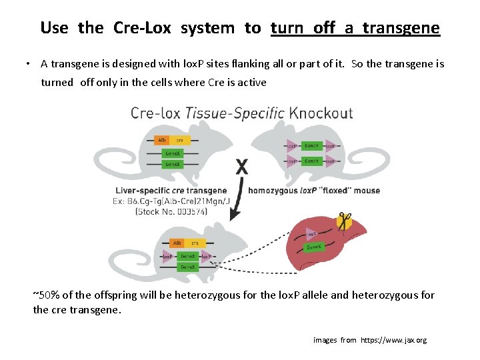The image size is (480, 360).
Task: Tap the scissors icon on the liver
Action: [x=345, y=221]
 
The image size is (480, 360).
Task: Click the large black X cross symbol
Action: [x=242, y=167]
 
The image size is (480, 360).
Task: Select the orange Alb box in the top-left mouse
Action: [x=161, y=141]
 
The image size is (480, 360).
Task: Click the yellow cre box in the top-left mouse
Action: [x=179, y=141]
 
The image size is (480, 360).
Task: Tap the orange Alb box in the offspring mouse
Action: [x=177, y=243]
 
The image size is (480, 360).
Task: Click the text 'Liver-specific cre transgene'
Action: [x=171, y=191]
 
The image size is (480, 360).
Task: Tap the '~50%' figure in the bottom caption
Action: [x=45, y=295]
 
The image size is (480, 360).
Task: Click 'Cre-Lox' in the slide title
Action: [x=143, y=28]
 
